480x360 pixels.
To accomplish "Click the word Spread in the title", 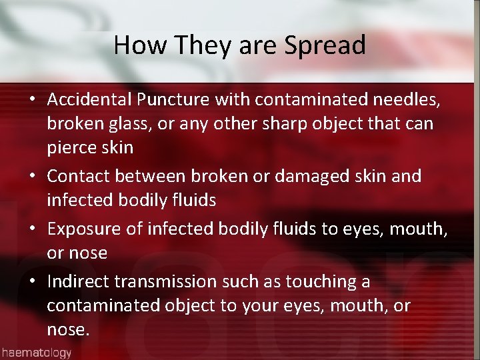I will point(325,46).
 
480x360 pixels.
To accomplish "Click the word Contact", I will point(79,177).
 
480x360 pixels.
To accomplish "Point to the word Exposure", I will point(85,229).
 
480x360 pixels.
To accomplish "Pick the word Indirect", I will point(79,282).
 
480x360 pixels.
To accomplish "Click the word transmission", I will point(174,282).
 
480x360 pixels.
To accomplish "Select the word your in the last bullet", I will point(268,306).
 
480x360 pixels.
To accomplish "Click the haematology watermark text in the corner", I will point(36,352).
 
